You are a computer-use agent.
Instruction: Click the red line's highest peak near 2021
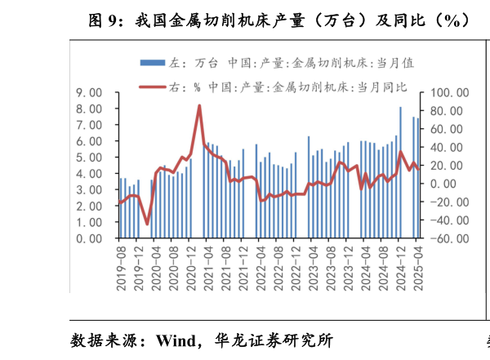point(199,105)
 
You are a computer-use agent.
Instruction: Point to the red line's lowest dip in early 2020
point(147,223)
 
